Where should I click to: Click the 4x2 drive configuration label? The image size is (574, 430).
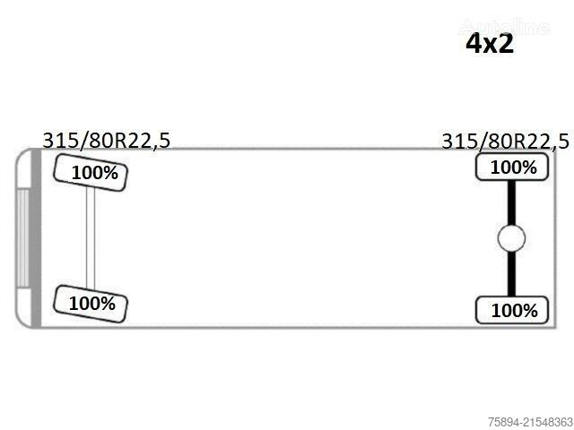coord(490,44)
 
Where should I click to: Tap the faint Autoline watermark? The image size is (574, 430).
coord(504,27)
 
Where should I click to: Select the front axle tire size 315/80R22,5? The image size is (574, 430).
coord(107,141)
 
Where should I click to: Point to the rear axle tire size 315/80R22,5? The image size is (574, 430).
coord(506,142)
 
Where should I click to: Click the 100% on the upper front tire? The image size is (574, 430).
coord(95,173)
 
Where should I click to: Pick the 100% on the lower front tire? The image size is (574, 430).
coord(91,304)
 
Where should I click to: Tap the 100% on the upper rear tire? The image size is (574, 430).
coord(513,168)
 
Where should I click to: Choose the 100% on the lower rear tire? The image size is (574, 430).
coord(514,311)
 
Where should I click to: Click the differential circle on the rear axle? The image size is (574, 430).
coord(511,238)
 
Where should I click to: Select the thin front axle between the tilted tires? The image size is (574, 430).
coord(91,237)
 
